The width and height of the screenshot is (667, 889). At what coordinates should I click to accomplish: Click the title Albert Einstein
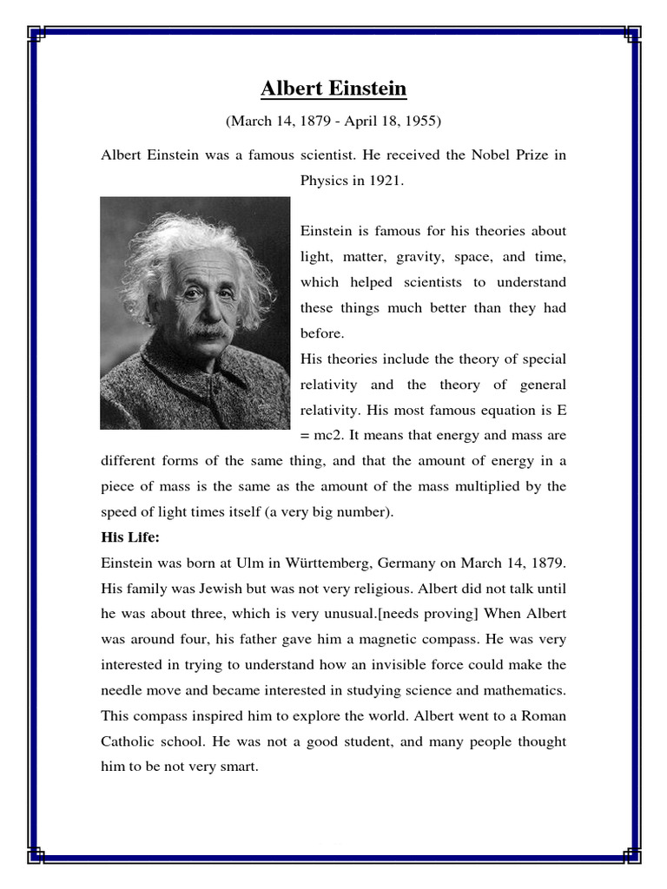(x=333, y=89)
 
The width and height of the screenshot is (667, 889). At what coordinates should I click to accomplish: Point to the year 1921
(x=383, y=181)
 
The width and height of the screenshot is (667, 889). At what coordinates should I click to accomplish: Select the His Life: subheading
(x=130, y=537)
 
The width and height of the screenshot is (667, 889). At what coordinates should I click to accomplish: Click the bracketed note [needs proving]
(x=433, y=614)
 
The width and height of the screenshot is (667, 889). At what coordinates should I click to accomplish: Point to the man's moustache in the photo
(x=209, y=330)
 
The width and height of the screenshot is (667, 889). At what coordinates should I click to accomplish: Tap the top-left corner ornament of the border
(x=36, y=35)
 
